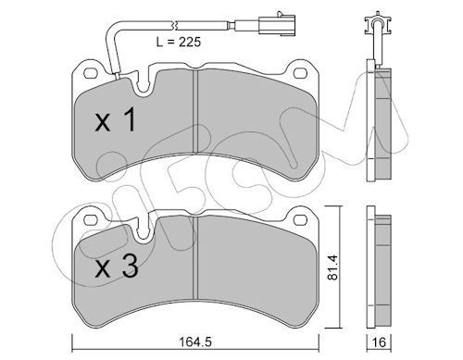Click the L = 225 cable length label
click(179, 42)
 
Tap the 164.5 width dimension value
click(195, 341)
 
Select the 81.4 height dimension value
click(332, 267)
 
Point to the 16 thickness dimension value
click(379, 342)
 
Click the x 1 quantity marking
click(115, 120)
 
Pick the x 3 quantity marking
click(117, 267)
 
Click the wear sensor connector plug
click(277, 24)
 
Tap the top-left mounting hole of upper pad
click(91, 73)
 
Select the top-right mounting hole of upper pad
click(300, 73)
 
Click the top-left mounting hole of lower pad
click(91, 220)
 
